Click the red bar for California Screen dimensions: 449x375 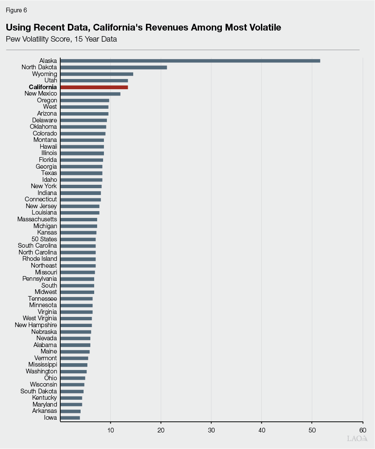94,87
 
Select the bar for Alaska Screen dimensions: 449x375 190,61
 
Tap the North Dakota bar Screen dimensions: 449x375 114,67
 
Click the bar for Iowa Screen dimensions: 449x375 70,418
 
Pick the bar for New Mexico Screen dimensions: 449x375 90,93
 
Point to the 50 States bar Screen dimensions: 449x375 78,239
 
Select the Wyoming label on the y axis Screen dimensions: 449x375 45,74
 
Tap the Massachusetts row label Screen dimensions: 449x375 37,219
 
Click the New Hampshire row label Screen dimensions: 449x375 36,325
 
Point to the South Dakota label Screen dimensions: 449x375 39,391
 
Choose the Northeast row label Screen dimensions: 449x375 44,265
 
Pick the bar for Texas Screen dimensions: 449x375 81,173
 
